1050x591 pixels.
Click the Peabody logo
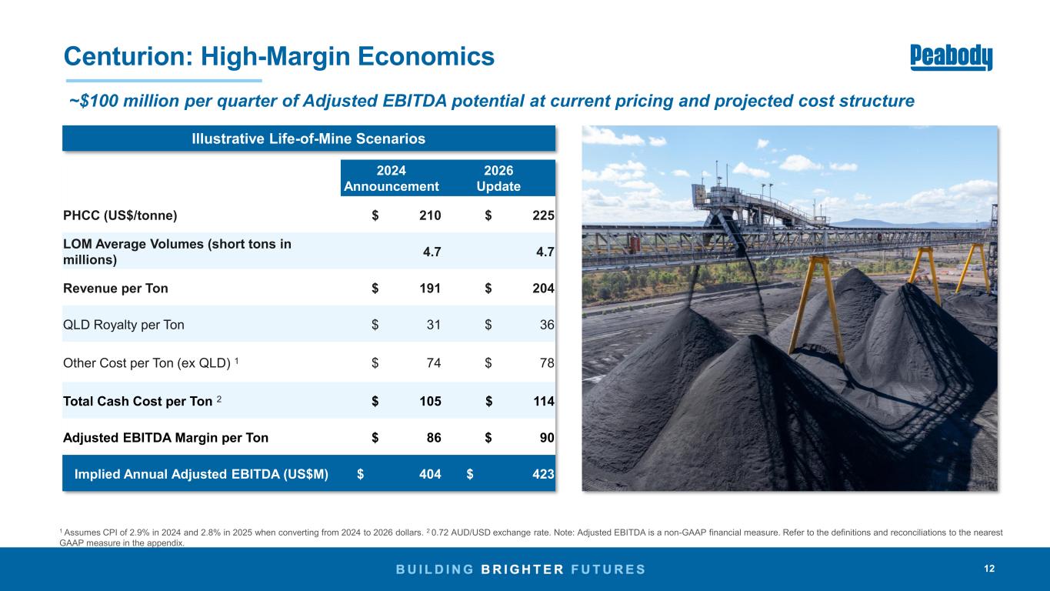951,58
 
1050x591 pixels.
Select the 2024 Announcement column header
391,179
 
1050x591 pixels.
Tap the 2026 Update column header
498,179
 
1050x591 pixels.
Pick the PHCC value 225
543,215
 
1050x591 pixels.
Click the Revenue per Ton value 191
430,288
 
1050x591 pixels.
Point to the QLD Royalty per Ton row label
124,325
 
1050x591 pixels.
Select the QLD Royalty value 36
547,325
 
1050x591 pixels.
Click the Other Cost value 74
434,362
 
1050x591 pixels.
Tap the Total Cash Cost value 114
543,401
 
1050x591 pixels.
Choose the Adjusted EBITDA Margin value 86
434,438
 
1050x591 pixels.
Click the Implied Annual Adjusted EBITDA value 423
543,474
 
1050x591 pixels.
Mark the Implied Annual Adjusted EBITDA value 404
430,474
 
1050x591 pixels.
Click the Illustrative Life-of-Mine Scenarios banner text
308,139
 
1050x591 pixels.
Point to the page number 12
989,569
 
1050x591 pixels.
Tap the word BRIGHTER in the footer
522,569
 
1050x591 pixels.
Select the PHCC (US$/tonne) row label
120,215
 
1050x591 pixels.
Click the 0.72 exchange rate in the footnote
439,533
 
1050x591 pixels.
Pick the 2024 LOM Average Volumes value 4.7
432,252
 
